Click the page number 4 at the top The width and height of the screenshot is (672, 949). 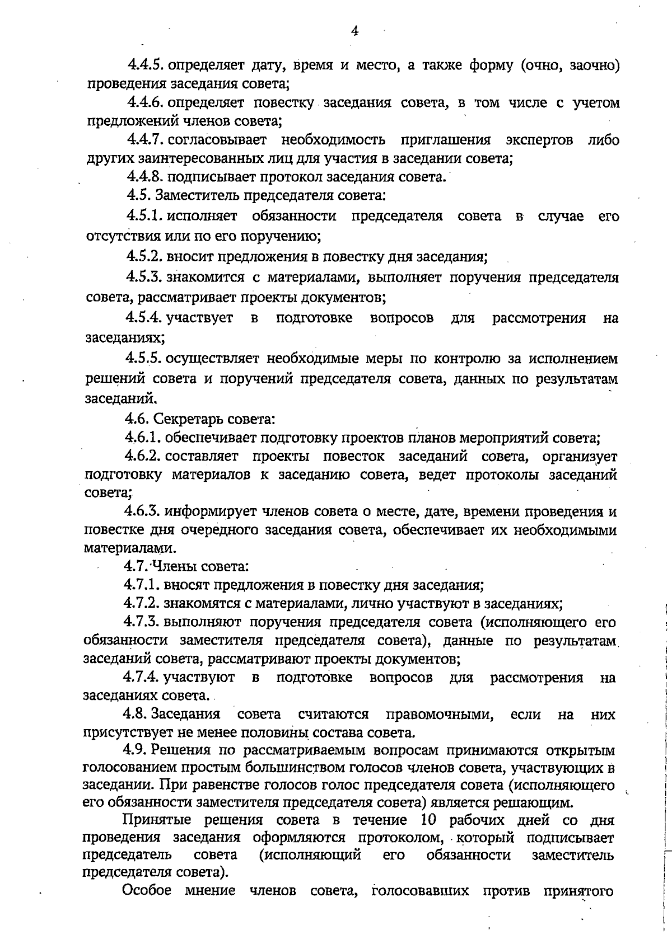[354, 31]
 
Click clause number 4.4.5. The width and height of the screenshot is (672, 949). [146, 65]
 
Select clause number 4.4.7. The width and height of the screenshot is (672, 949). [146, 139]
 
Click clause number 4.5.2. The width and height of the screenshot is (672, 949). [144, 257]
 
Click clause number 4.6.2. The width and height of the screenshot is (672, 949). [143, 456]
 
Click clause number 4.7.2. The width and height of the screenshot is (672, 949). [142, 604]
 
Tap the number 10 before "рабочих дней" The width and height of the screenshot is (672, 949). [428, 820]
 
